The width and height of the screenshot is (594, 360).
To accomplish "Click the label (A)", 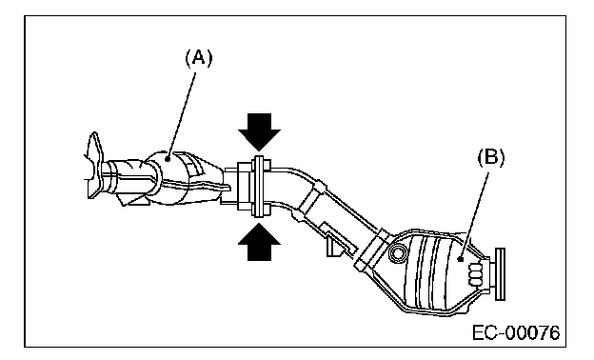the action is click(x=199, y=59).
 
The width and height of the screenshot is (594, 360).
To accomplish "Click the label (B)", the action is click(x=491, y=157).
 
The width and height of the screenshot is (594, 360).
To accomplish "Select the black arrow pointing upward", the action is click(x=260, y=242).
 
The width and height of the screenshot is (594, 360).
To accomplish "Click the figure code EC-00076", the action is click(x=516, y=333).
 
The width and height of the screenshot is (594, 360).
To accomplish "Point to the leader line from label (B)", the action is click(x=474, y=215).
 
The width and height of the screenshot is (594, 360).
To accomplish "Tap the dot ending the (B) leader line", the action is click(x=460, y=260).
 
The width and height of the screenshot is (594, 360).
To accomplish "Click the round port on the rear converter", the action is click(x=397, y=252).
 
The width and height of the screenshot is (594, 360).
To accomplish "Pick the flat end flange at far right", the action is click(x=500, y=274).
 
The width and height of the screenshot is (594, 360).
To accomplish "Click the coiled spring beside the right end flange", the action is click(x=476, y=274).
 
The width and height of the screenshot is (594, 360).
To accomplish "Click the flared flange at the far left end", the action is click(x=94, y=165).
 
